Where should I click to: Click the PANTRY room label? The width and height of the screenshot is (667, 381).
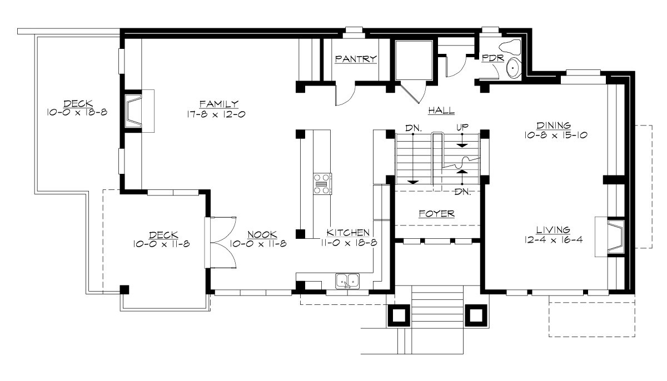pos(356,59)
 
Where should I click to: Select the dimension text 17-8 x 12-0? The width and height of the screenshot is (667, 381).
pos(217,114)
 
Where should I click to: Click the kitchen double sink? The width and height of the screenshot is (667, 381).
pos(349,282)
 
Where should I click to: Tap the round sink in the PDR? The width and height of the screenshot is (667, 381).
pos(513,68)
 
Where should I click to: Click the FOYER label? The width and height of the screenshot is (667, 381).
pos(436,213)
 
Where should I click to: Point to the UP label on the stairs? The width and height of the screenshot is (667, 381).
pos(462,128)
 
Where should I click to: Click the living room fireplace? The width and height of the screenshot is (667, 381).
pos(611,237)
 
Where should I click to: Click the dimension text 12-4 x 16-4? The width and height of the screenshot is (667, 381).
pos(552,240)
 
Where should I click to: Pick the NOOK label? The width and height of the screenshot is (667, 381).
pos(262,234)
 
